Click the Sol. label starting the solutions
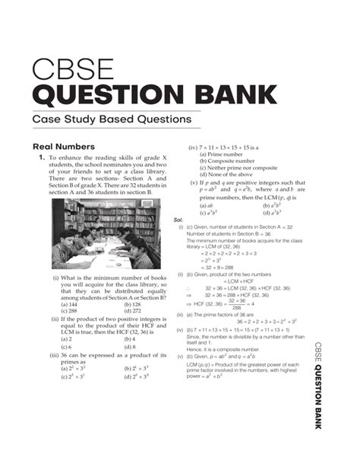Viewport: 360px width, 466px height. click(179, 217)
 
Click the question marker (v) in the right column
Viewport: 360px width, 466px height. click(194, 185)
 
